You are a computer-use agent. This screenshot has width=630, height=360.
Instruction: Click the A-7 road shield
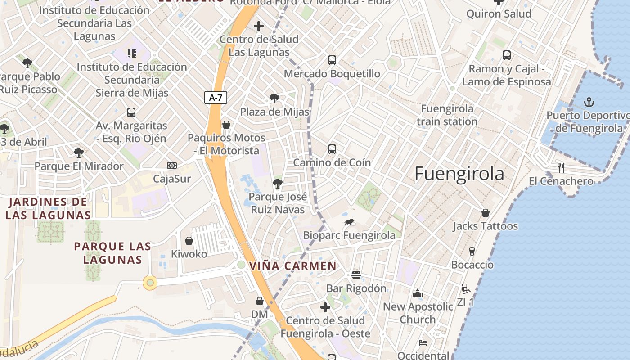pyautogui.click(x=216, y=98)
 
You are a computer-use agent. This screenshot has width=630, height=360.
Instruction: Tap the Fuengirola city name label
pyautogui.click(x=459, y=174)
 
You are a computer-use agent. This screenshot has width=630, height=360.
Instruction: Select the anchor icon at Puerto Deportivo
pyautogui.click(x=589, y=102)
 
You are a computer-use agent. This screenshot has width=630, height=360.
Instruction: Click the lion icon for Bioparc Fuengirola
pyautogui.click(x=349, y=222)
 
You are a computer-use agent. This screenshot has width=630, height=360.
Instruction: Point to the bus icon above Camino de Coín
pyautogui.click(x=332, y=149)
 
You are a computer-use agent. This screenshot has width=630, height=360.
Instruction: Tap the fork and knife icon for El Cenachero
pyautogui.click(x=561, y=168)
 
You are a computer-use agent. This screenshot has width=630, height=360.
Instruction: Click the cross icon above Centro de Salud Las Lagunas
pyautogui.click(x=259, y=26)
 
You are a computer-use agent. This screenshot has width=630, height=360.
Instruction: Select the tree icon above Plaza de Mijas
pyautogui.click(x=274, y=99)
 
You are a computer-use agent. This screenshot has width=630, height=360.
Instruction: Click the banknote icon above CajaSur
pyautogui.click(x=172, y=166)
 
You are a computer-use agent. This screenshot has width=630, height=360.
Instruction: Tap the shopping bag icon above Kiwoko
pyautogui.click(x=189, y=241)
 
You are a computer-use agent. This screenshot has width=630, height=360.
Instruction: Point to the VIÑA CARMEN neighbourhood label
pyautogui.click(x=293, y=266)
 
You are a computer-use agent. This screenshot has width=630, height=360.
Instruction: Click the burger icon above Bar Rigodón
pyautogui.click(x=356, y=275)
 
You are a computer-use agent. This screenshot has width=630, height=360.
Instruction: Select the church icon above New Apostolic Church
pyautogui.click(x=418, y=293)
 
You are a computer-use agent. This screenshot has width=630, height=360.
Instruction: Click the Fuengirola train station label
pyautogui.click(x=447, y=115)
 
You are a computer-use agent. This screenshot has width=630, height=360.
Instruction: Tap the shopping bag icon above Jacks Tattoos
pyautogui.click(x=485, y=213)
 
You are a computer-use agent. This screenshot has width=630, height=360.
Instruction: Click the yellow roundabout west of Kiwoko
pyautogui.click(x=150, y=283)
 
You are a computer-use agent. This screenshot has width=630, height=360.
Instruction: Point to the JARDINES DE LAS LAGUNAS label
pyautogui.click(x=48, y=208)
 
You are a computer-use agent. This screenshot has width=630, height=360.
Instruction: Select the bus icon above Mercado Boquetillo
pyautogui.click(x=332, y=60)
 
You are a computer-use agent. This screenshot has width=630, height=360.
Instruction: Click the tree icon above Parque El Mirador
pyautogui.click(x=79, y=153)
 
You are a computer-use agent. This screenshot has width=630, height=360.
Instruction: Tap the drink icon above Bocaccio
pyautogui.click(x=472, y=252)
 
